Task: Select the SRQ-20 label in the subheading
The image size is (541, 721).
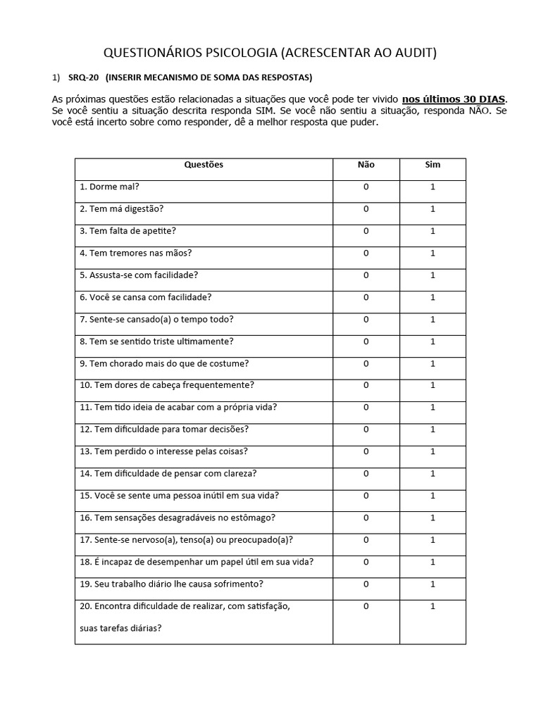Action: coord(85,77)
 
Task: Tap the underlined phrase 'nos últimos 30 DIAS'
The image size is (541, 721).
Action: coord(454,99)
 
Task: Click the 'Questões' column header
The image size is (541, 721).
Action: coord(204,165)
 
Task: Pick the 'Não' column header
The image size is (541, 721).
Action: coord(366,165)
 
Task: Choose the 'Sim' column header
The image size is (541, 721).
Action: coord(433,165)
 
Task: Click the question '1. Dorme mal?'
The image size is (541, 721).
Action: coord(109,187)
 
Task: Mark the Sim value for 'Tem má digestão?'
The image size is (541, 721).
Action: coord(433,209)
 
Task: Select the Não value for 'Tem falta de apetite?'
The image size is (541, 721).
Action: coord(366,231)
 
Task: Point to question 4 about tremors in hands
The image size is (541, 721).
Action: coord(136,253)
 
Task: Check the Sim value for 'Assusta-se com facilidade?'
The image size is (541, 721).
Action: coord(433,275)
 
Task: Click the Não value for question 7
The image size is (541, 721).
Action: coord(366,319)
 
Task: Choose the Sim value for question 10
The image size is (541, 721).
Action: coord(433,385)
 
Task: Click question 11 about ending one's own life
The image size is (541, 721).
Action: coord(178,407)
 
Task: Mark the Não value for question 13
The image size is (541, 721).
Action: coord(366,451)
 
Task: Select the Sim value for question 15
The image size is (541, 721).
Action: coord(433,496)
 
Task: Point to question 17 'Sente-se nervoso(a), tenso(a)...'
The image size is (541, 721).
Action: coord(187,540)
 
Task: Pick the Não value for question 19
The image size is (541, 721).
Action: coord(366,584)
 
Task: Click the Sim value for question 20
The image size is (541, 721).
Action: coord(433,606)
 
